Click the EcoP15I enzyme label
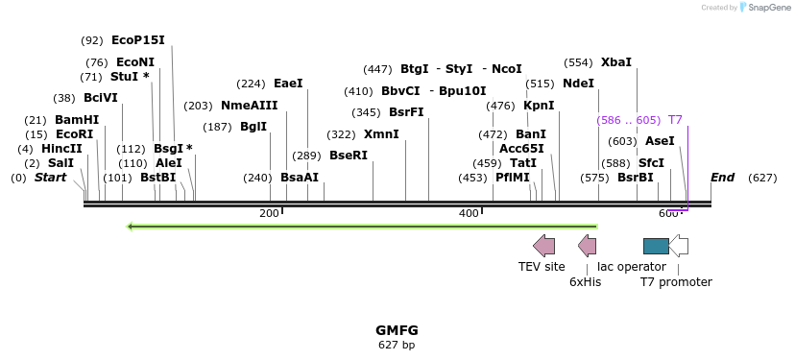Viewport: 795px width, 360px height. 137,40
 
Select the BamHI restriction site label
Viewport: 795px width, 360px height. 77,120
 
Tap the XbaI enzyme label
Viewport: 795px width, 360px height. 616,62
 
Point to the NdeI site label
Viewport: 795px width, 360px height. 578,84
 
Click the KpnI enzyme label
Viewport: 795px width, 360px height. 539,106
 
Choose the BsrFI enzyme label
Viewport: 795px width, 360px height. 406,112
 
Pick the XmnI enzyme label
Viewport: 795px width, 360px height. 381,134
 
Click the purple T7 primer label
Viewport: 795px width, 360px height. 675,120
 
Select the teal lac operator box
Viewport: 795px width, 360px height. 656,246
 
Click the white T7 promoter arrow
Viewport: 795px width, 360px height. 678,246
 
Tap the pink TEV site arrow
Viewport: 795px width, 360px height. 544,246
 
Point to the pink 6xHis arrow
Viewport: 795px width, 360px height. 587,246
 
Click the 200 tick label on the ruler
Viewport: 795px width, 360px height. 269,213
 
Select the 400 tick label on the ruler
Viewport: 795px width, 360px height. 469,213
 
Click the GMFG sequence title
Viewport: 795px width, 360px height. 397,330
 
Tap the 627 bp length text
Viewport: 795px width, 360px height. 397,345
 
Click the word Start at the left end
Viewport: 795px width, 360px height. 51,178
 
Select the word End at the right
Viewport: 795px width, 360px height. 722,178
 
